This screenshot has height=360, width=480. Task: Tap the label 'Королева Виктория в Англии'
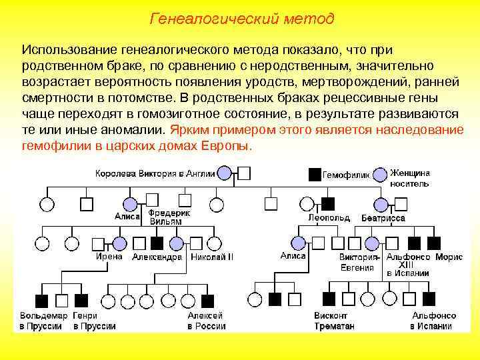(x=155, y=174)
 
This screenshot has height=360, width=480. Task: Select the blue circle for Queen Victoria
(x=225, y=173)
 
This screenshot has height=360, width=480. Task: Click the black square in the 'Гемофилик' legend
(x=315, y=174)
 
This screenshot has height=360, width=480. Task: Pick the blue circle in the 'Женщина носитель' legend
(x=380, y=174)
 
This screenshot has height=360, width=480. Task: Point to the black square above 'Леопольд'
(x=327, y=203)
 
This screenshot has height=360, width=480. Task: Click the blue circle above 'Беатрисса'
(x=381, y=203)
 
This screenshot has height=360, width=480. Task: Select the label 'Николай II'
(x=212, y=257)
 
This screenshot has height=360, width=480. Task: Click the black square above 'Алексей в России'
(x=207, y=301)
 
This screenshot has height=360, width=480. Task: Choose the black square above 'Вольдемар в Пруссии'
(x=41, y=301)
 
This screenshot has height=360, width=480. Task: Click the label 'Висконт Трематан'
(x=333, y=321)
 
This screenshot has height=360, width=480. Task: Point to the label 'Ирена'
(x=109, y=256)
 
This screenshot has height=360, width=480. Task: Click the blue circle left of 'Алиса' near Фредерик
(x=129, y=203)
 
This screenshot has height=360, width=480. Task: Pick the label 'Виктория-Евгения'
(x=359, y=263)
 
